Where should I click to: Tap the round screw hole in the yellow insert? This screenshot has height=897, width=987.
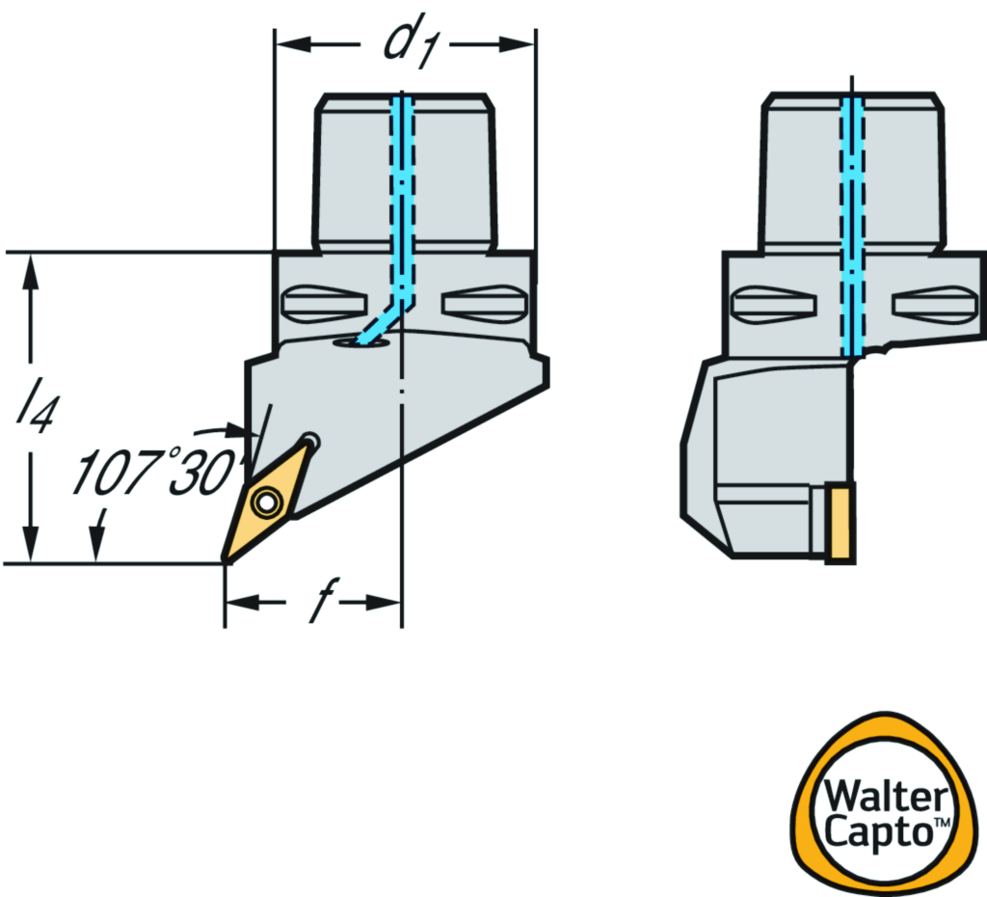pos(263,501)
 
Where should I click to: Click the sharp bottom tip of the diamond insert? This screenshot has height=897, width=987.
pos(226,559)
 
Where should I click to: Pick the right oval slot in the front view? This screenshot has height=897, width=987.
pos(484,305)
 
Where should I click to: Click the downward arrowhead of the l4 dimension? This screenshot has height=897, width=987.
pos(32,545)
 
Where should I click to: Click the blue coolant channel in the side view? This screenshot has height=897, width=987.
pos(850,222)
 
